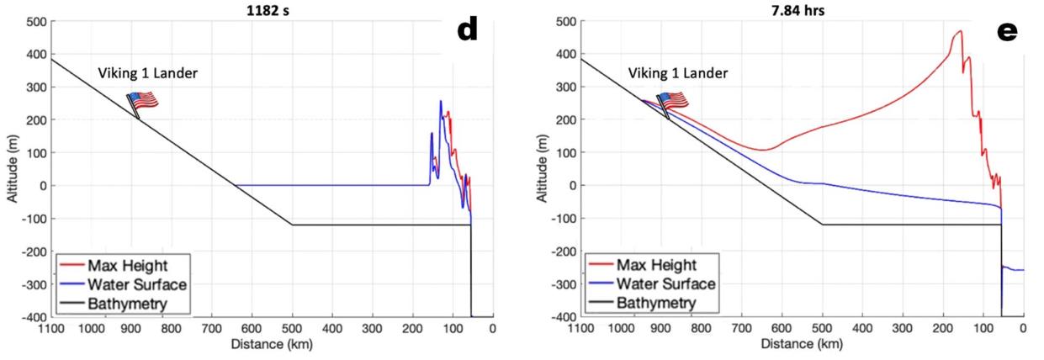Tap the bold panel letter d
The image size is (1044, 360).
point(467,31)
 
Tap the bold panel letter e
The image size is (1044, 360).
point(1006,31)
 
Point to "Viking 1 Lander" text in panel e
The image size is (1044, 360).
point(678,73)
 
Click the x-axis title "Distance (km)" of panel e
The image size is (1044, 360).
point(801,344)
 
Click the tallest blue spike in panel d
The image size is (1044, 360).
point(440,102)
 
